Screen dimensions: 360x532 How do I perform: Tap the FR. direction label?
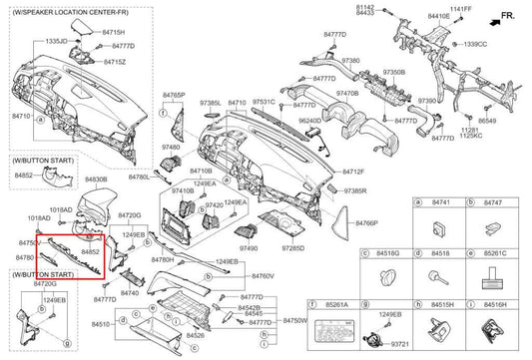click(x=508, y=17)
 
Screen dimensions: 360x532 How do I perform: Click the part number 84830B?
click(x=97, y=180)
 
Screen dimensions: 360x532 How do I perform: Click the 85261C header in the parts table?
click(x=495, y=254)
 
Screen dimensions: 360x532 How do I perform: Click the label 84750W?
click(x=293, y=320)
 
